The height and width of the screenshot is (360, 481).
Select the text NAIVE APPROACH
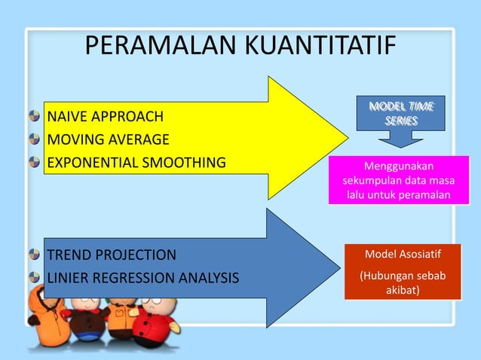point(105,117)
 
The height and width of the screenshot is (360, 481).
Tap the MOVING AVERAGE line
point(109,139)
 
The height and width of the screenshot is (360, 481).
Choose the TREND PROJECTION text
point(112,255)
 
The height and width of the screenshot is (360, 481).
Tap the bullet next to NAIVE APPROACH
point(35,117)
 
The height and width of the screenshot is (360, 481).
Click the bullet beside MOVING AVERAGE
point(35,139)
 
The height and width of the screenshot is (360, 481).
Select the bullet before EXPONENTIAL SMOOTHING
point(35,162)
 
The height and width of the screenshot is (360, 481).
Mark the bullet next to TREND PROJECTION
point(35,255)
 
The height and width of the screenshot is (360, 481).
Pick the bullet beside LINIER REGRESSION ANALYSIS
point(35,278)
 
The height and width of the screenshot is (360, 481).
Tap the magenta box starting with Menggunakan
point(399,180)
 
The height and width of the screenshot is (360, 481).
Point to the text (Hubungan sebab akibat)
point(402,282)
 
